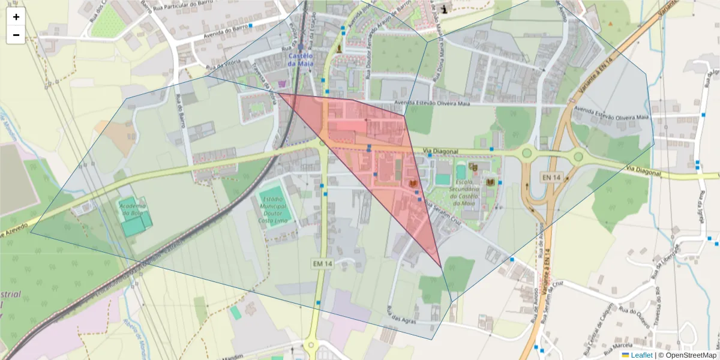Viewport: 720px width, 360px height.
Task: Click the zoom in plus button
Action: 16,17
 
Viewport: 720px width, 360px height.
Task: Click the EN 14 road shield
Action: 552,178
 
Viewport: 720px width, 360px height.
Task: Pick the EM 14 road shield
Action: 322,263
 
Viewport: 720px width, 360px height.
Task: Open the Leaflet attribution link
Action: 641,355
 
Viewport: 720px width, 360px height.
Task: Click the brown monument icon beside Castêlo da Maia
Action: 340,47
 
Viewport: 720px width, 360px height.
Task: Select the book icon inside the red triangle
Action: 413,183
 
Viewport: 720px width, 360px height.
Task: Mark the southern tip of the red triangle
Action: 442,268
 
